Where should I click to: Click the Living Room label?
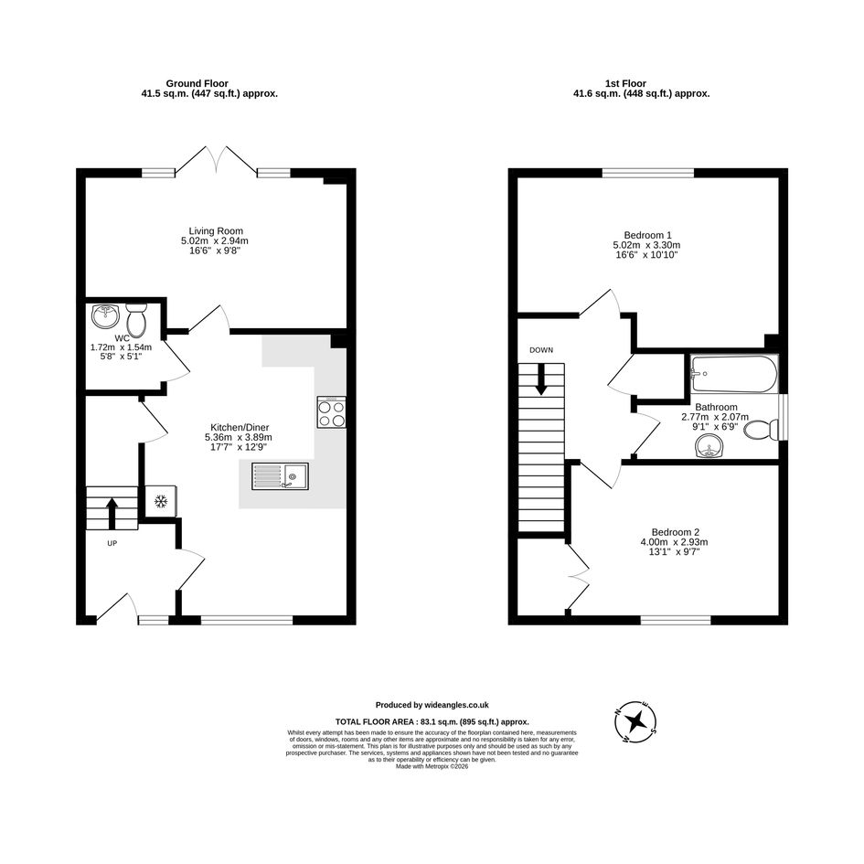click(216, 231)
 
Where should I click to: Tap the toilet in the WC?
click(135, 319)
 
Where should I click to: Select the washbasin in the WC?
click(105, 315)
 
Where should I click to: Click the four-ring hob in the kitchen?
click(332, 412)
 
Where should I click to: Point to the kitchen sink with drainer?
click(281, 476)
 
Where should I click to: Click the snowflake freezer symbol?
click(160, 501)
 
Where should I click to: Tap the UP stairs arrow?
click(112, 513)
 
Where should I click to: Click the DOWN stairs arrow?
click(541, 379)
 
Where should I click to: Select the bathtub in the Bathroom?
click(734, 374)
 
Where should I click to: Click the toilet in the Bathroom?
click(761, 430)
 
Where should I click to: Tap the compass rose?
click(636, 722)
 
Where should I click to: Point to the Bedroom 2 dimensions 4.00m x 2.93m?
click(675, 542)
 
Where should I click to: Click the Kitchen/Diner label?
click(240, 428)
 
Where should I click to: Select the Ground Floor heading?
click(197, 84)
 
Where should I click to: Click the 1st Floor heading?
click(626, 84)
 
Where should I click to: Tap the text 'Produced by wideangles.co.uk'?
click(432, 705)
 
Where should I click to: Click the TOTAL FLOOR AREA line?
click(432, 722)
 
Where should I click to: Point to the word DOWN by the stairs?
click(541, 350)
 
